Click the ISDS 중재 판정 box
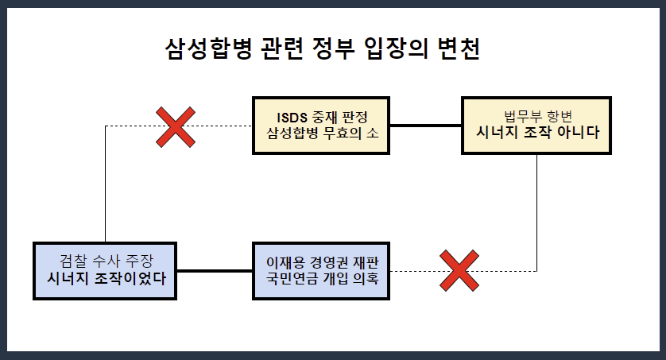321,126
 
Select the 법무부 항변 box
536,126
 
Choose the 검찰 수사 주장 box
106,270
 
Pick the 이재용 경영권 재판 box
321,270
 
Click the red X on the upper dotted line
176,126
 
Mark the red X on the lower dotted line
459,270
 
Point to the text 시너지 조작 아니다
536,133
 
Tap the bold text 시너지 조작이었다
106,278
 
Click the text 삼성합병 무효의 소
321,133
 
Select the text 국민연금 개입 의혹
321,278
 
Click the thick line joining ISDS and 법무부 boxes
426,126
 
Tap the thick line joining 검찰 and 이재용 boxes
215,270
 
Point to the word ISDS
284,117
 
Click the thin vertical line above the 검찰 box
106,183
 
